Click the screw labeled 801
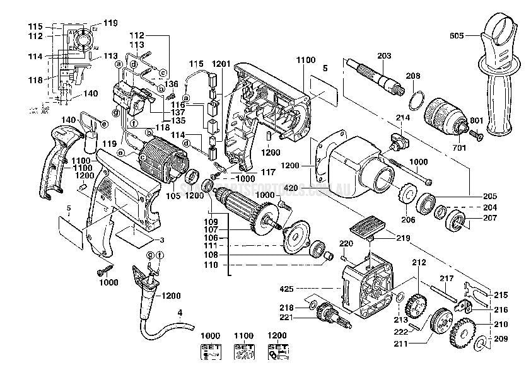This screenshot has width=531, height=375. coord(476,133)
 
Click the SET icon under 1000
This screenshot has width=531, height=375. coord(211,352)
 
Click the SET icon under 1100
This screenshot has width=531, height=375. coord(243,352)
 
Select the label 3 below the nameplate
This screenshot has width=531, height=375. coord(161,240)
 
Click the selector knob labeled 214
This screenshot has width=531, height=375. coord(397,140)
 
